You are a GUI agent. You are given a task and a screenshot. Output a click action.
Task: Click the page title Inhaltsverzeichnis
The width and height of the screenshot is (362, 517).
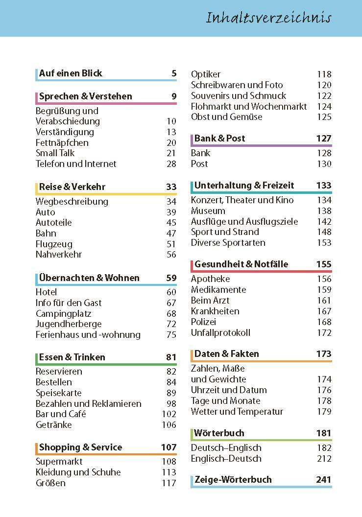coord(268,18)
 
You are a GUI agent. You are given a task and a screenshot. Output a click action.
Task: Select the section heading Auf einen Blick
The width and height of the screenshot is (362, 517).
coord(71,73)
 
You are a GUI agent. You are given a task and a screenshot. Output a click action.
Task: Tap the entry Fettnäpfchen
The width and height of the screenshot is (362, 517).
coord(62,142)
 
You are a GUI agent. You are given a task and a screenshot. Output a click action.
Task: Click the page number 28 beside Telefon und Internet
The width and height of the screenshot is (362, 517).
coord(171,164)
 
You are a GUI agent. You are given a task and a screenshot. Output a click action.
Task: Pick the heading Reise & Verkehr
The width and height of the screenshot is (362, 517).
coord(72,187)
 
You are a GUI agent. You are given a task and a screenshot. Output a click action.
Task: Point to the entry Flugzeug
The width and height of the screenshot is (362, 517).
coord(54,244)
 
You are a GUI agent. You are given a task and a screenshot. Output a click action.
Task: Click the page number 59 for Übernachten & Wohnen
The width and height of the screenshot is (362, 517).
coord(171,278)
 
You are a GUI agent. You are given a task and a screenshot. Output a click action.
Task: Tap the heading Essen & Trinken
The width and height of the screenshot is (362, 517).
coord(72,357)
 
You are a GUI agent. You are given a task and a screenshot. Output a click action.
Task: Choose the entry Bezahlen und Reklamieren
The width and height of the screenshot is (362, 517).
coord(88,403)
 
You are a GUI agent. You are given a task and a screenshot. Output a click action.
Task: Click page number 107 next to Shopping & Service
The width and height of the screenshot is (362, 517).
coord(169,447)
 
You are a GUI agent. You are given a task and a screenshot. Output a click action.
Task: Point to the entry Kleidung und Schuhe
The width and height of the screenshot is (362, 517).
coord(78,472)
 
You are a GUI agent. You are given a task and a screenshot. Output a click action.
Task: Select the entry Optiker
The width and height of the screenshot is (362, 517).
coord(206,74)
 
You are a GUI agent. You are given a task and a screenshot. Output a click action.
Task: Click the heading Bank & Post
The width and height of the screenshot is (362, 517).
coord(219,139)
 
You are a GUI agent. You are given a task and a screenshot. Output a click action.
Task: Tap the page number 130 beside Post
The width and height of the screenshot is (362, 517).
coord(324,164)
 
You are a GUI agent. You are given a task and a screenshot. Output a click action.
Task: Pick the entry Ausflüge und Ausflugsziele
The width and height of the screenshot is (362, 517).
coord(244,222)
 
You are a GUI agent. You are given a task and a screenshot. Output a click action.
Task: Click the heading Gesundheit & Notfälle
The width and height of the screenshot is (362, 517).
coord(241,264)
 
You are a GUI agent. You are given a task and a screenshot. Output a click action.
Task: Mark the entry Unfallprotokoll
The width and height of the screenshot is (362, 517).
coord(220,333)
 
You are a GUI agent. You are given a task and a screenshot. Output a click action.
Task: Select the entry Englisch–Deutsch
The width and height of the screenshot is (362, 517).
coord(226,459)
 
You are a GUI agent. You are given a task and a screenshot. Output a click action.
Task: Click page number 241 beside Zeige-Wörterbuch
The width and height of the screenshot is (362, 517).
coord(324,480)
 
